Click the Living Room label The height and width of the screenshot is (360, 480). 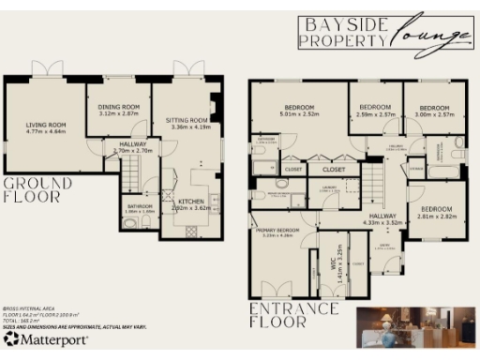tap(44, 124)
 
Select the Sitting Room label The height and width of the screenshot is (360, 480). tap(186, 121)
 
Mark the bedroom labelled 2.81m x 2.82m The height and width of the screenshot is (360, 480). tap(436, 215)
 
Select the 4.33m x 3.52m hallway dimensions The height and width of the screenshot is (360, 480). tap(382, 223)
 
